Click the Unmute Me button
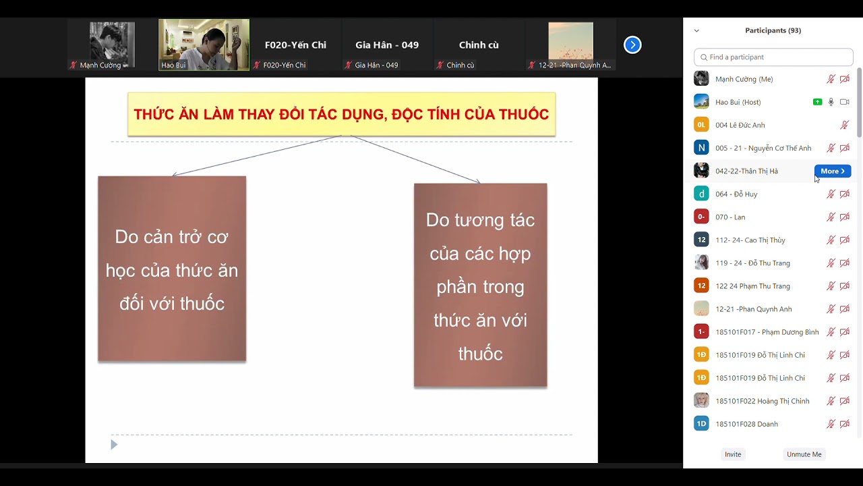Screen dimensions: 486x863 click(x=804, y=454)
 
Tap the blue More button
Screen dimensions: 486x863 click(x=832, y=171)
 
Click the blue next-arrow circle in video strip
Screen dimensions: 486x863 click(x=632, y=45)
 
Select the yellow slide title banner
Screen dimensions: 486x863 click(x=341, y=114)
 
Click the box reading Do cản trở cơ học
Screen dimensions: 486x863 click(x=172, y=269)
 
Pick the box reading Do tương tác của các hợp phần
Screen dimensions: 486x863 click(x=480, y=286)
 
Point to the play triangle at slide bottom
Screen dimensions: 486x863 click(x=114, y=444)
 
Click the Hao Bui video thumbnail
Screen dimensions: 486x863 click(x=204, y=45)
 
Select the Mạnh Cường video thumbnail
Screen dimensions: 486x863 click(x=112, y=45)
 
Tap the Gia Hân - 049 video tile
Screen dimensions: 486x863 click(x=387, y=45)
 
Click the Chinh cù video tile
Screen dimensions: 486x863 click(x=479, y=45)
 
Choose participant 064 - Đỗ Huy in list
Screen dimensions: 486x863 click(x=736, y=194)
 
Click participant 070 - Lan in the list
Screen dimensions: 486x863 click(x=730, y=217)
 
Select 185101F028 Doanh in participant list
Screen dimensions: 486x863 click(x=746, y=424)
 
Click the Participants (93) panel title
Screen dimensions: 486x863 click(x=773, y=30)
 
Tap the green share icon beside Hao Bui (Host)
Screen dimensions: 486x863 click(x=817, y=102)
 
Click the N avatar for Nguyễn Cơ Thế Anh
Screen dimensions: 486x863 click(x=701, y=148)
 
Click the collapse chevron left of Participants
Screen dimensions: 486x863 click(x=696, y=30)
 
